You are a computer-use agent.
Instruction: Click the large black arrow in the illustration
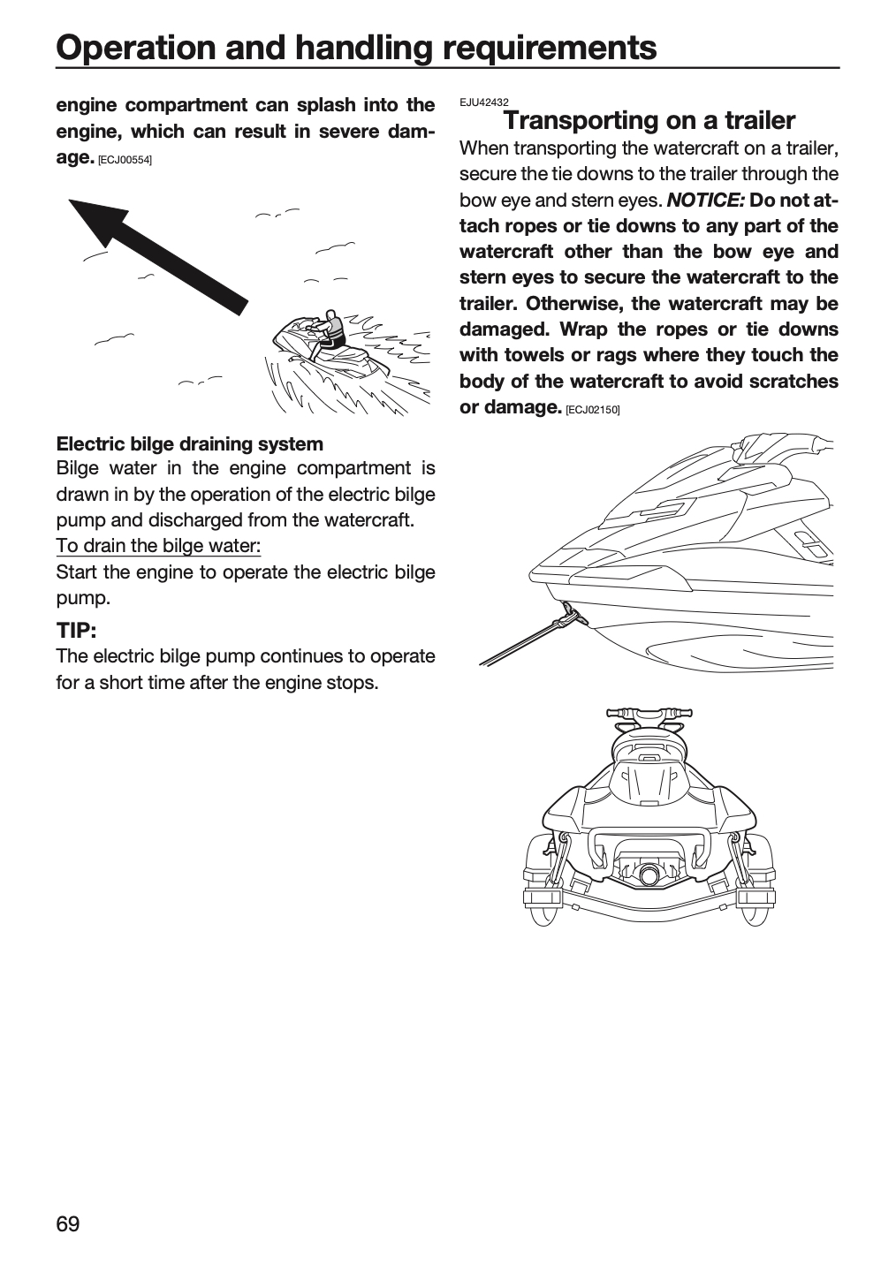tap(158, 256)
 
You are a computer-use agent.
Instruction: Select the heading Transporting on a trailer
tap(649, 120)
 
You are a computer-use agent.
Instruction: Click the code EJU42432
tap(483, 102)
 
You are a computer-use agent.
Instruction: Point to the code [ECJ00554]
tap(125, 160)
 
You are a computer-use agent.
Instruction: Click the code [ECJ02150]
tap(593, 410)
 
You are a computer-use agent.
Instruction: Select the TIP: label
tap(76, 630)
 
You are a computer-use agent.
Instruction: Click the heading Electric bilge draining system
tap(190, 443)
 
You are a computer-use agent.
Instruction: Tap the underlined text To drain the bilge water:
tap(158, 545)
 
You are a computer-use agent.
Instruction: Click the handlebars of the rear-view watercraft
tap(649, 714)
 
